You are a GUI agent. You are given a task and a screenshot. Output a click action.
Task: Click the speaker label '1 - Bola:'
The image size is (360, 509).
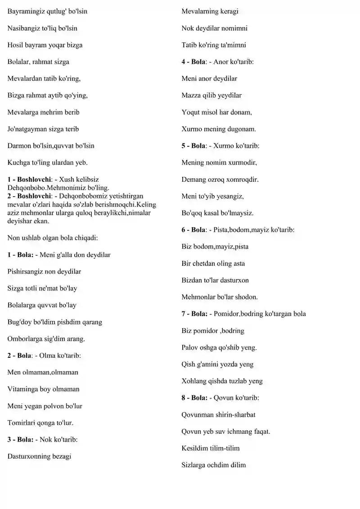point(20,255)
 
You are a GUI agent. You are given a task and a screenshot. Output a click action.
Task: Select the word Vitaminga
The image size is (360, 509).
point(22,389)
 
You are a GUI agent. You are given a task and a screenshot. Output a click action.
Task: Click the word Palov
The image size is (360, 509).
point(190,347)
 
